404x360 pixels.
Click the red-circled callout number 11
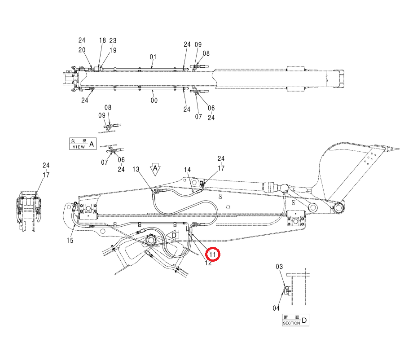coord(212,255)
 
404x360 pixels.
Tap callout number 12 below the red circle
coord(208,263)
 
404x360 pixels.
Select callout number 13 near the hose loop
coord(136,169)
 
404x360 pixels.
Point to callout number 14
coord(187,170)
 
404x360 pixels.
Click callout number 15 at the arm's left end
coord(70,241)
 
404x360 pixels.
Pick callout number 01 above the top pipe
coord(153,57)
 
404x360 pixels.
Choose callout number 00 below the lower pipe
coord(154,100)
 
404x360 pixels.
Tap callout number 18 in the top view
coord(102,40)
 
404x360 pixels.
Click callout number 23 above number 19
coord(113,40)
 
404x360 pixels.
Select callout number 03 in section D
coord(279,267)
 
